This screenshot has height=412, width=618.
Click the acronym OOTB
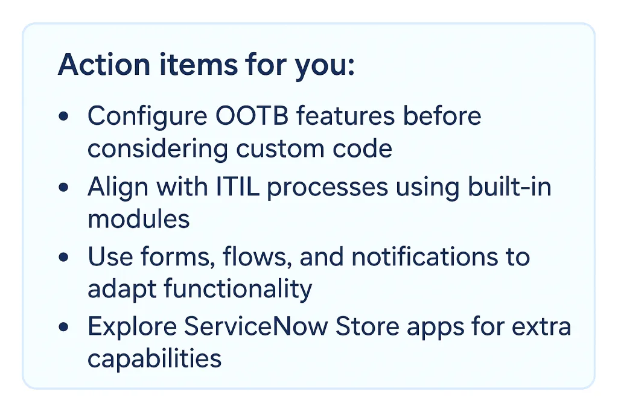pos(242,116)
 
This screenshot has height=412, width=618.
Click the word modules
pos(139,218)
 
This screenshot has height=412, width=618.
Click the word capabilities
pos(154,360)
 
